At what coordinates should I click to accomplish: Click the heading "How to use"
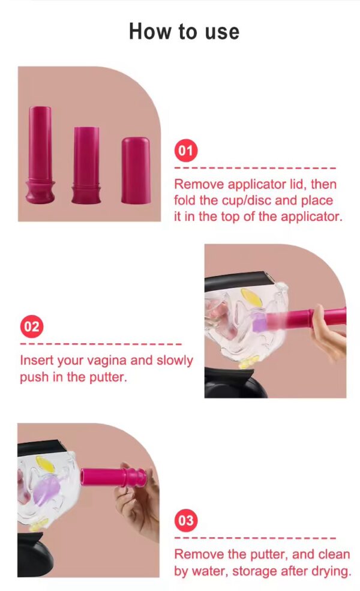(x=184, y=31)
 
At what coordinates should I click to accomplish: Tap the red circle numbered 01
(x=186, y=150)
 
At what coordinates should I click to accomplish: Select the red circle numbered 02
(x=32, y=326)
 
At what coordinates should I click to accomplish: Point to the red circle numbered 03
(x=186, y=520)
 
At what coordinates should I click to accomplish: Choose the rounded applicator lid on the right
(x=136, y=170)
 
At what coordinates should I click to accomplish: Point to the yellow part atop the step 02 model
(x=250, y=295)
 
